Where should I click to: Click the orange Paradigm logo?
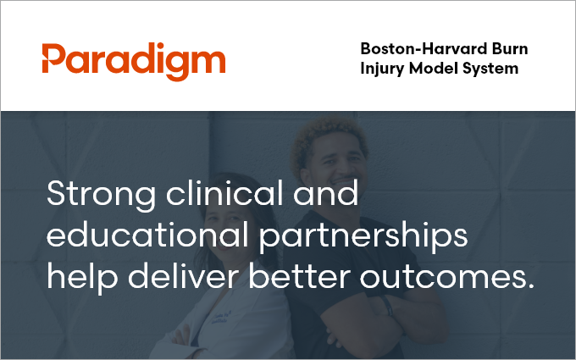[x=134, y=61]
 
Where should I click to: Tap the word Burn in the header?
[x=510, y=48]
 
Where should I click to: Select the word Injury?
[x=382, y=69]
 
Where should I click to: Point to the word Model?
[x=433, y=69]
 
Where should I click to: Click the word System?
[x=490, y=69]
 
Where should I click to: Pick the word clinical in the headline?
[x=224, y=193]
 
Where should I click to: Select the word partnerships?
[x=363, y=237]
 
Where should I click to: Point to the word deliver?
[x=184, y=275]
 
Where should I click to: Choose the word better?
[x=299, y=275]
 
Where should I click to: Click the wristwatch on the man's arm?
[x=387, y=306]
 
